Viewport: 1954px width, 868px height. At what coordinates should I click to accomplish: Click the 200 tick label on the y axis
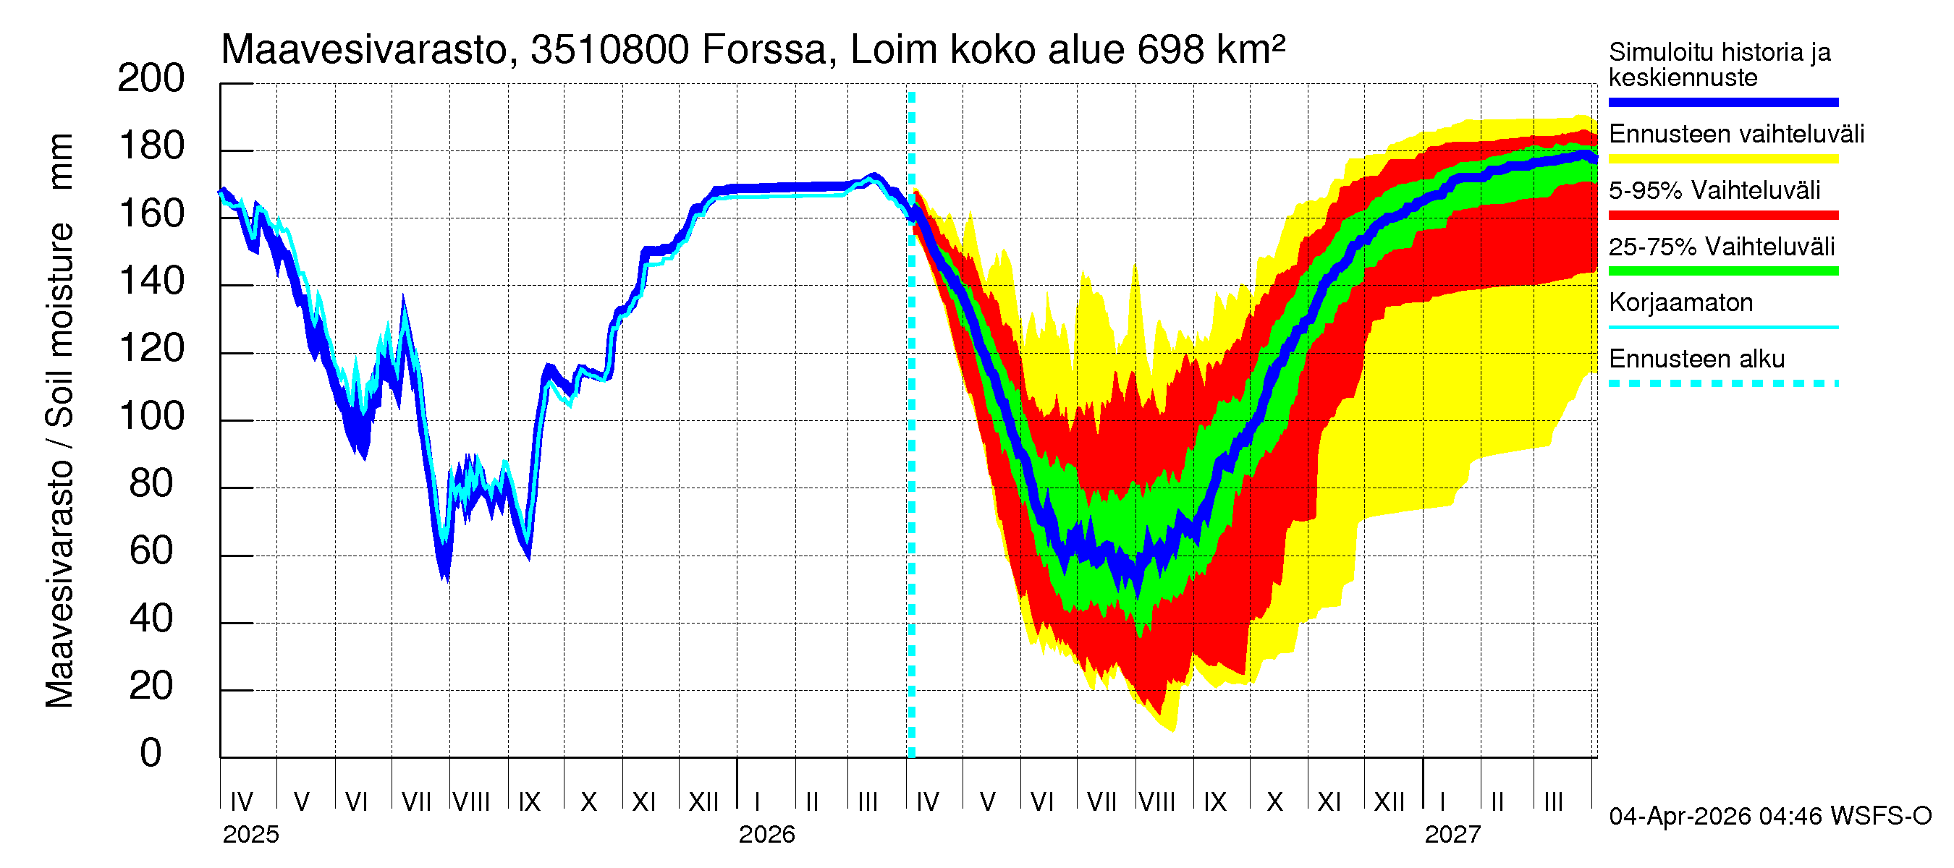(x=151, y=78)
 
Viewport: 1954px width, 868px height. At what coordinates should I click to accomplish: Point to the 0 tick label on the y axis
(x=151, y=753)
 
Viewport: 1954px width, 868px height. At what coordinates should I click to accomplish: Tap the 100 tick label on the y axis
(x=151, y=416)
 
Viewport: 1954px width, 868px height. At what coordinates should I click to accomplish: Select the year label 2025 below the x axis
(x=250, y=835)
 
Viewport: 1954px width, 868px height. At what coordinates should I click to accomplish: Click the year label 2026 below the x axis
(x=766, y=835)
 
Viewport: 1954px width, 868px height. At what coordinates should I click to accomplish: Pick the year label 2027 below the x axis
(x=1452, y=835)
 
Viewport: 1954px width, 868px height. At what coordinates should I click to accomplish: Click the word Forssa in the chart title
(x=763, y=50)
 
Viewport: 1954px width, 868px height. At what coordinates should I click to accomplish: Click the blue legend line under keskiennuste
(x=1722, y=102)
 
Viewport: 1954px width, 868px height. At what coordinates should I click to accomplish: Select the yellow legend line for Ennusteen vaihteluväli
(x=1722, y=159)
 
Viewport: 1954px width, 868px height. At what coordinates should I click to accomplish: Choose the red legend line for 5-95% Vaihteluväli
(x=1722, y=216)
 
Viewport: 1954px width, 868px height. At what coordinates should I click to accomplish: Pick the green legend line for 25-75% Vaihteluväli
(x=1722, y=271)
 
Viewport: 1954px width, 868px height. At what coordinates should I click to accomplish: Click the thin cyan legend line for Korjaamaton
(x=1722, y=328)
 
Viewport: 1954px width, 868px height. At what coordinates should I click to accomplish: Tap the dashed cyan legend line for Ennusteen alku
(x=1722, y=383)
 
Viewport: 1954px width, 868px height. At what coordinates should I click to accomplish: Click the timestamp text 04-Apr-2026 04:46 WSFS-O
(x=1769, y=816)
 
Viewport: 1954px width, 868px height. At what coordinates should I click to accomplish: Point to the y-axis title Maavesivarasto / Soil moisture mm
(x=59, y=421)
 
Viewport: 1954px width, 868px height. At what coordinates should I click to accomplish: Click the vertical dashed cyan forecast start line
(x=912, y=455)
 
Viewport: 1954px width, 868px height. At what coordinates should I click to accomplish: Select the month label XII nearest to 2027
(x=1389, y=802)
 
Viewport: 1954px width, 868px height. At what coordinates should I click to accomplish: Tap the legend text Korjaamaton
(x=1680, y=302)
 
